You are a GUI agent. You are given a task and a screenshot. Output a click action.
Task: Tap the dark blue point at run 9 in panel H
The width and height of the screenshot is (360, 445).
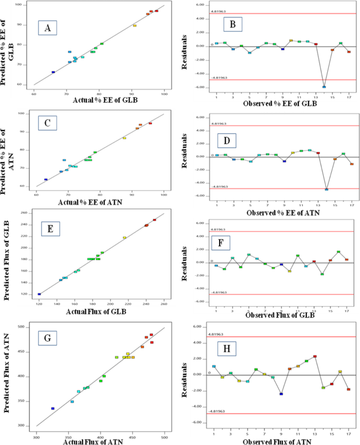281,394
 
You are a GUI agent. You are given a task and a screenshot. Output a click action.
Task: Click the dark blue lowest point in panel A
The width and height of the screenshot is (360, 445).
53,72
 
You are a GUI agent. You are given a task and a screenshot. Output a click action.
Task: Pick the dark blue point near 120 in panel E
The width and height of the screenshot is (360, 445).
39,294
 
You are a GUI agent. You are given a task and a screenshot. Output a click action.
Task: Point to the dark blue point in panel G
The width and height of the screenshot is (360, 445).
53,408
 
